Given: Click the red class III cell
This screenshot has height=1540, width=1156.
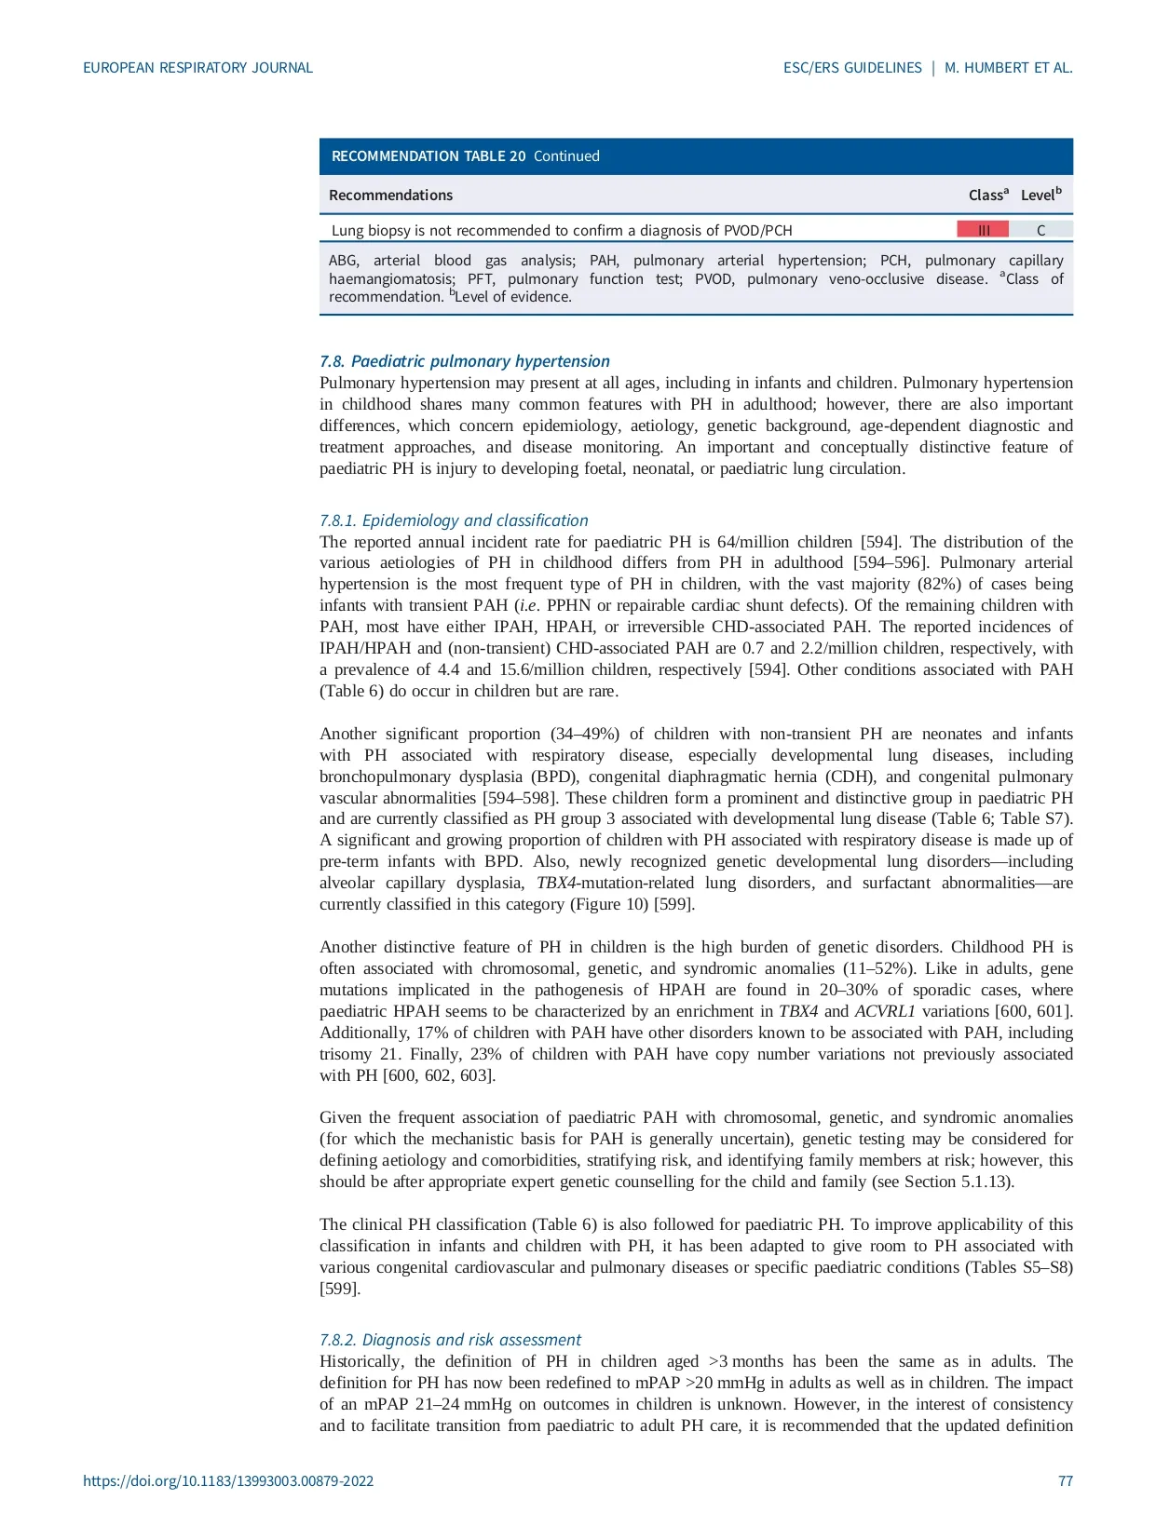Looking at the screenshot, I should pyautogui.click(x=983, y=230).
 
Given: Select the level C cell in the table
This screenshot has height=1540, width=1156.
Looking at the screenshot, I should pyautogui.click(x=1040, y=230).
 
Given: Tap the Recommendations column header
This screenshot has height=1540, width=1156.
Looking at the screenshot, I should pyautogui.click(x=390, y=196).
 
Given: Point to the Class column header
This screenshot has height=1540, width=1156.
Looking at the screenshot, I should pyautogui.click(x=987, y=196).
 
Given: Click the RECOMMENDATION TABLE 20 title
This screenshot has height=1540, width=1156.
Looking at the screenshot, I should pyautogui.click(x=428, y=156).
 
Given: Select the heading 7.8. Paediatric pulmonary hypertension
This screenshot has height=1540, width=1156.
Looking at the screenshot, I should pyautogui.click(x=464, y=361).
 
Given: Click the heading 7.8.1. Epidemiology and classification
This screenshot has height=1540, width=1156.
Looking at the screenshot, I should pyautogui.click(x=454, y=520).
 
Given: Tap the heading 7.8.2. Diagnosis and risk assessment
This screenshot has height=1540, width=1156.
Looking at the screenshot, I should pyautogui.click(x=450, y=1340).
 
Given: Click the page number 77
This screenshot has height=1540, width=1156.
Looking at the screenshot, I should pyautogui.click(x=1065, y=1481).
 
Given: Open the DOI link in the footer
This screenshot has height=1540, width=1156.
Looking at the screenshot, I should pyautogui.click(x=228, y=1481).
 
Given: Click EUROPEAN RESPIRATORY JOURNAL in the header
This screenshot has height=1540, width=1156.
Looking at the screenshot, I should pyautogui.click(x=197, y=68).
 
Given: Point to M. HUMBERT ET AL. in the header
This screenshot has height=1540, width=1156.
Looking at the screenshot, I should pyautogui.click(x=1008, y=68).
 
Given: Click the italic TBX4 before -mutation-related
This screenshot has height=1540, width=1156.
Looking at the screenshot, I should pyautogui.click(x=556, y=883).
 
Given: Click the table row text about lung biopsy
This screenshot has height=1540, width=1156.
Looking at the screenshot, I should pyautogui.click(x=562, y=230).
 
